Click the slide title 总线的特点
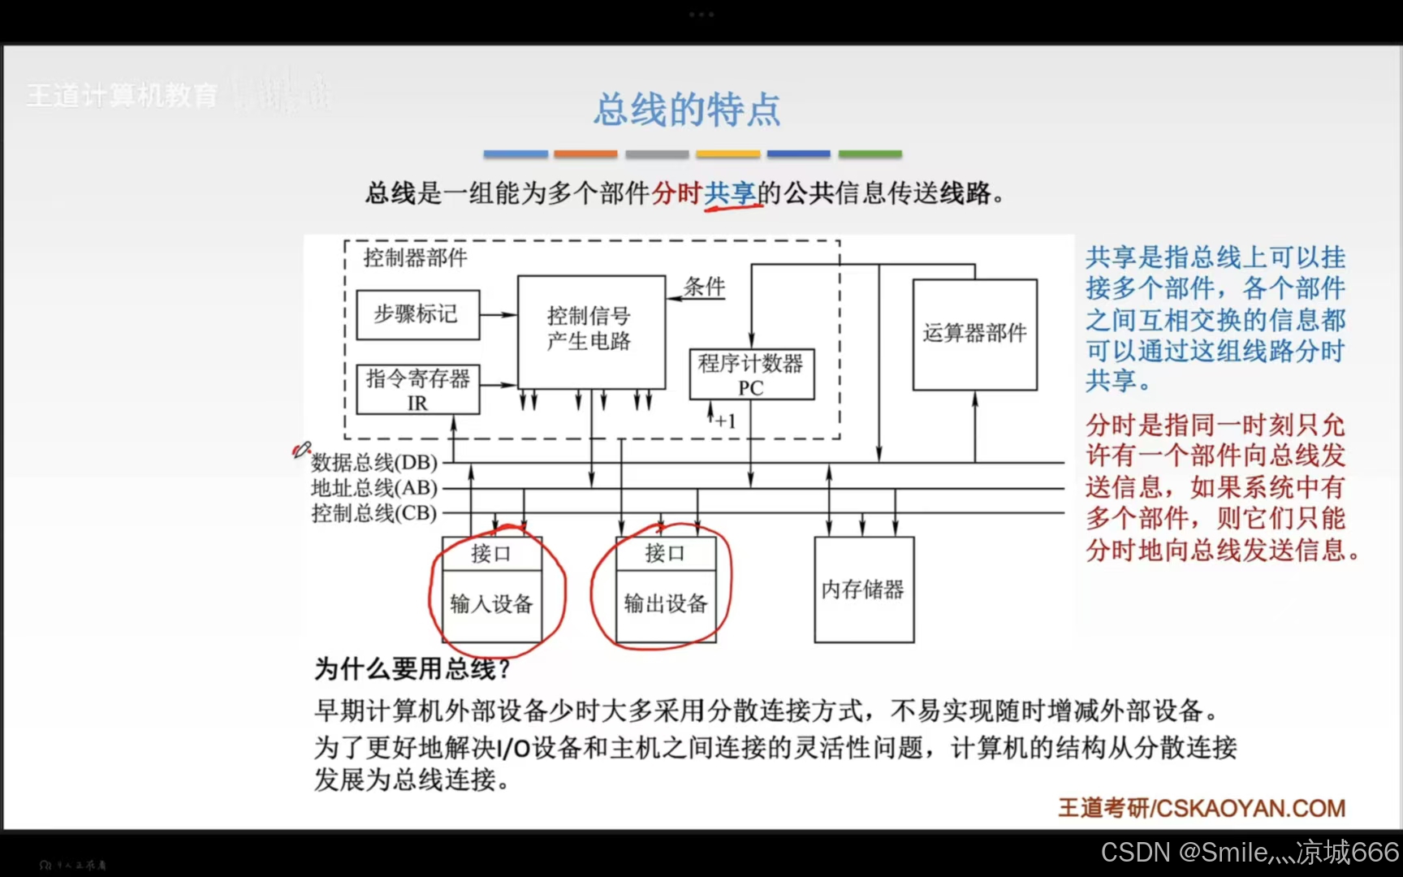(687, 110)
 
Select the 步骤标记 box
(417, 314)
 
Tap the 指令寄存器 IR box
(417, 390)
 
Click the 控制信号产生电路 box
(590, 329)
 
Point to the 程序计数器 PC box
(751, 374)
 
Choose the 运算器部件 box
(974, 334)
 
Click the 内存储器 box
(863, 590)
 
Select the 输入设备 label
(491, 603)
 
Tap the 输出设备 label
(666, 603)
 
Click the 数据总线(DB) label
(374, 462)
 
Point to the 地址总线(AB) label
(374, 488)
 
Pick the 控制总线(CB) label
(374, 513)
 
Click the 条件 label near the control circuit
(704, 287)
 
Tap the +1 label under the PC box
(725, 421)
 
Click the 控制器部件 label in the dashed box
(415, 258)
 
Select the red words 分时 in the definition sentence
(676, 193)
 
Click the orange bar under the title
(585, 153)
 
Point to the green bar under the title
(870, 153)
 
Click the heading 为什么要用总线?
(412, 669)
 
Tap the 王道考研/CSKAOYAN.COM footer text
(1202, 808)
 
